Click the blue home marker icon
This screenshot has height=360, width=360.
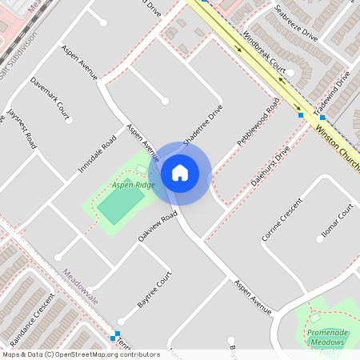pyautogui.click(x=180, y=173)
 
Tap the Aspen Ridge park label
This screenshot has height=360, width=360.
pyautogui.click(x=133, y=185)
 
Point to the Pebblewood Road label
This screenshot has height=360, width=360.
pyautogui.click(x=258, y=122)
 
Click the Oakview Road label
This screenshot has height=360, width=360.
pyautogui.click(x=157, y=227)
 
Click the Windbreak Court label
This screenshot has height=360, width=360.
pyautogui.click(x=264, y=52)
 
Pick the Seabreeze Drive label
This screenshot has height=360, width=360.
pyautogui.click(x=296, y=23)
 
